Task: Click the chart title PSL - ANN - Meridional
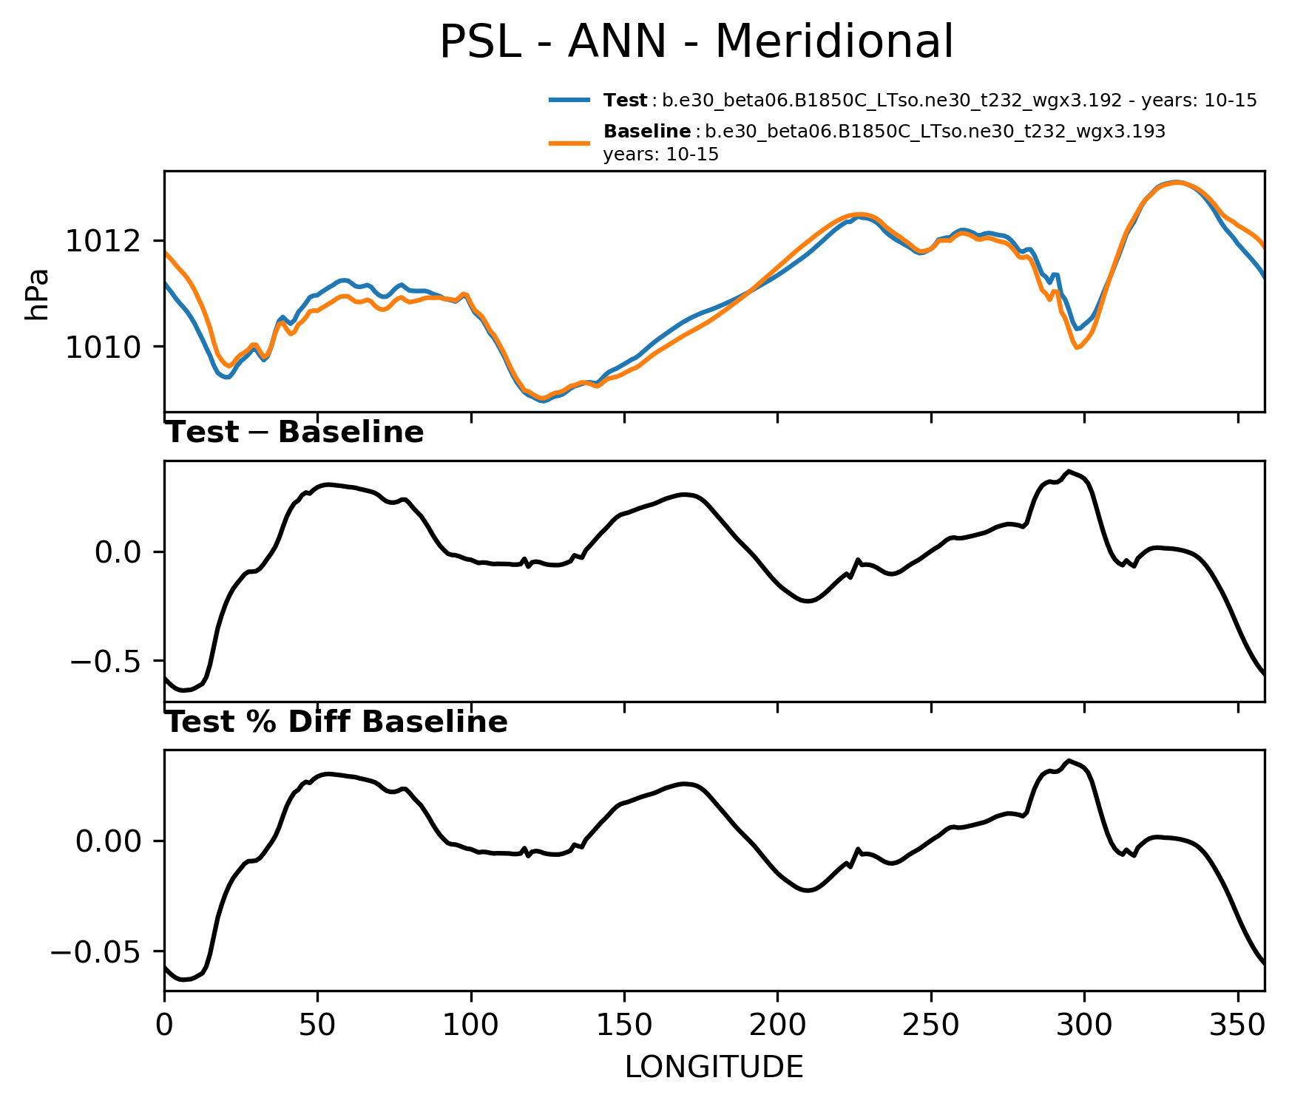[696, 42]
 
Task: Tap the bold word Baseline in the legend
[647, 132]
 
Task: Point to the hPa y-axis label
[37, 294]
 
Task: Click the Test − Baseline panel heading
[294, 432]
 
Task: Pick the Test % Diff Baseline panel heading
[336, 722]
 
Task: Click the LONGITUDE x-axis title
[714, 1067]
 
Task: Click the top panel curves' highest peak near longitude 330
[1175, 182]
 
